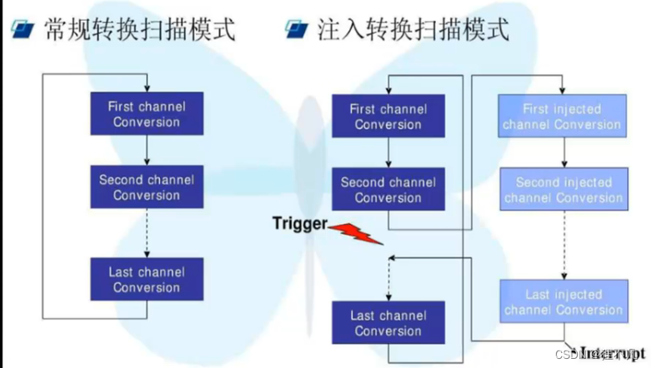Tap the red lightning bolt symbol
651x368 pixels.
tap(354, 232)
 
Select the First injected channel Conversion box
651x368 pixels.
tap(562, 117)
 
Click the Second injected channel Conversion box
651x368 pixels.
tap(563, 190)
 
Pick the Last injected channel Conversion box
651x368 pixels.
tap(563, 302)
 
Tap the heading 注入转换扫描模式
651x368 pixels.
tap(413, 31)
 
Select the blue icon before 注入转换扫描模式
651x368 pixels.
tap(297, 31)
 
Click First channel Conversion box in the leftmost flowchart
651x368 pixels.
tap(147, 114)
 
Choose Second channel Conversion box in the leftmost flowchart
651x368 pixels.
tap(147, 187)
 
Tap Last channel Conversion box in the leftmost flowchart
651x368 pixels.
tap(147, 280)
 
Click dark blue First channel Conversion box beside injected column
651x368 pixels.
tap(388, 117)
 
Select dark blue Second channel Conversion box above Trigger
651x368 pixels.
tap(388, 190)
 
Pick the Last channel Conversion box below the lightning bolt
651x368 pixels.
tap(388, 323)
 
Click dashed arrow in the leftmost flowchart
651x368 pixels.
tap(147, 233)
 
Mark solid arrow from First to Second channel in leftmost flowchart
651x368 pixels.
tap(147, 151)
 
